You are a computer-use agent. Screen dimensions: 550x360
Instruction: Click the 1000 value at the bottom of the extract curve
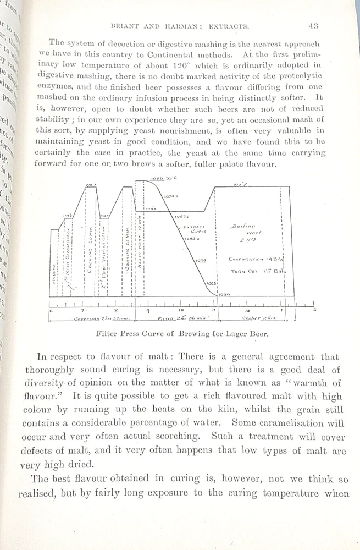[224, 295]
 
